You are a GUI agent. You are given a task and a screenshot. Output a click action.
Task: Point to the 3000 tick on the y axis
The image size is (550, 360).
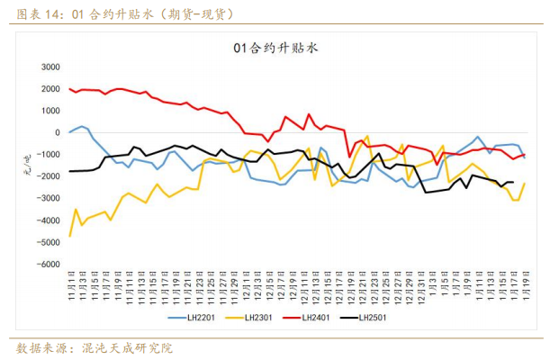50,67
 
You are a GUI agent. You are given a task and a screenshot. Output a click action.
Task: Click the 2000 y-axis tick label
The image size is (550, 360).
50,88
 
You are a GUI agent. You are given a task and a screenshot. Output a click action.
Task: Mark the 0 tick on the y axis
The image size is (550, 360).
56,132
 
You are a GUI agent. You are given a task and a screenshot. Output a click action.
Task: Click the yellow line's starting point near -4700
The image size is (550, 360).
70,236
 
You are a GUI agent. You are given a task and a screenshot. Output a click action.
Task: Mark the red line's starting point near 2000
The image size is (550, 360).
70,89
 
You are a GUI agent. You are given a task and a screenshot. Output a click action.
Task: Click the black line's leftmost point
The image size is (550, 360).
70,171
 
